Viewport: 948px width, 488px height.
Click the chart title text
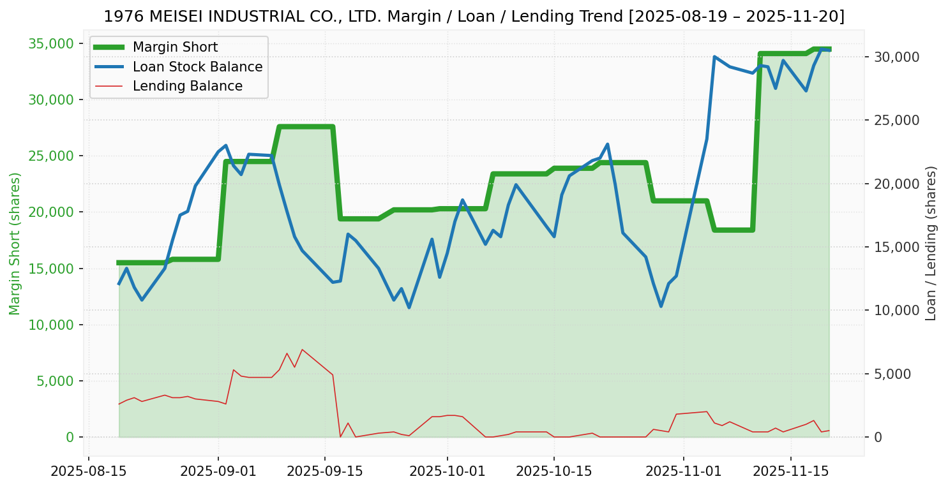474,17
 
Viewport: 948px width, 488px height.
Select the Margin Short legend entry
175,47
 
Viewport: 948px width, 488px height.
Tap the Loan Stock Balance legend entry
197,67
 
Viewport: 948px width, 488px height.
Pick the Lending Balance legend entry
187,86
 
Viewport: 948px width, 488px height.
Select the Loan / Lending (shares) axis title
931,243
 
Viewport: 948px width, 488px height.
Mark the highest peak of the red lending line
302,350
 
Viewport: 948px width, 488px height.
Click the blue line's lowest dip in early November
661,306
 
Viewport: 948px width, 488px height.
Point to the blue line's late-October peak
607,144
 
